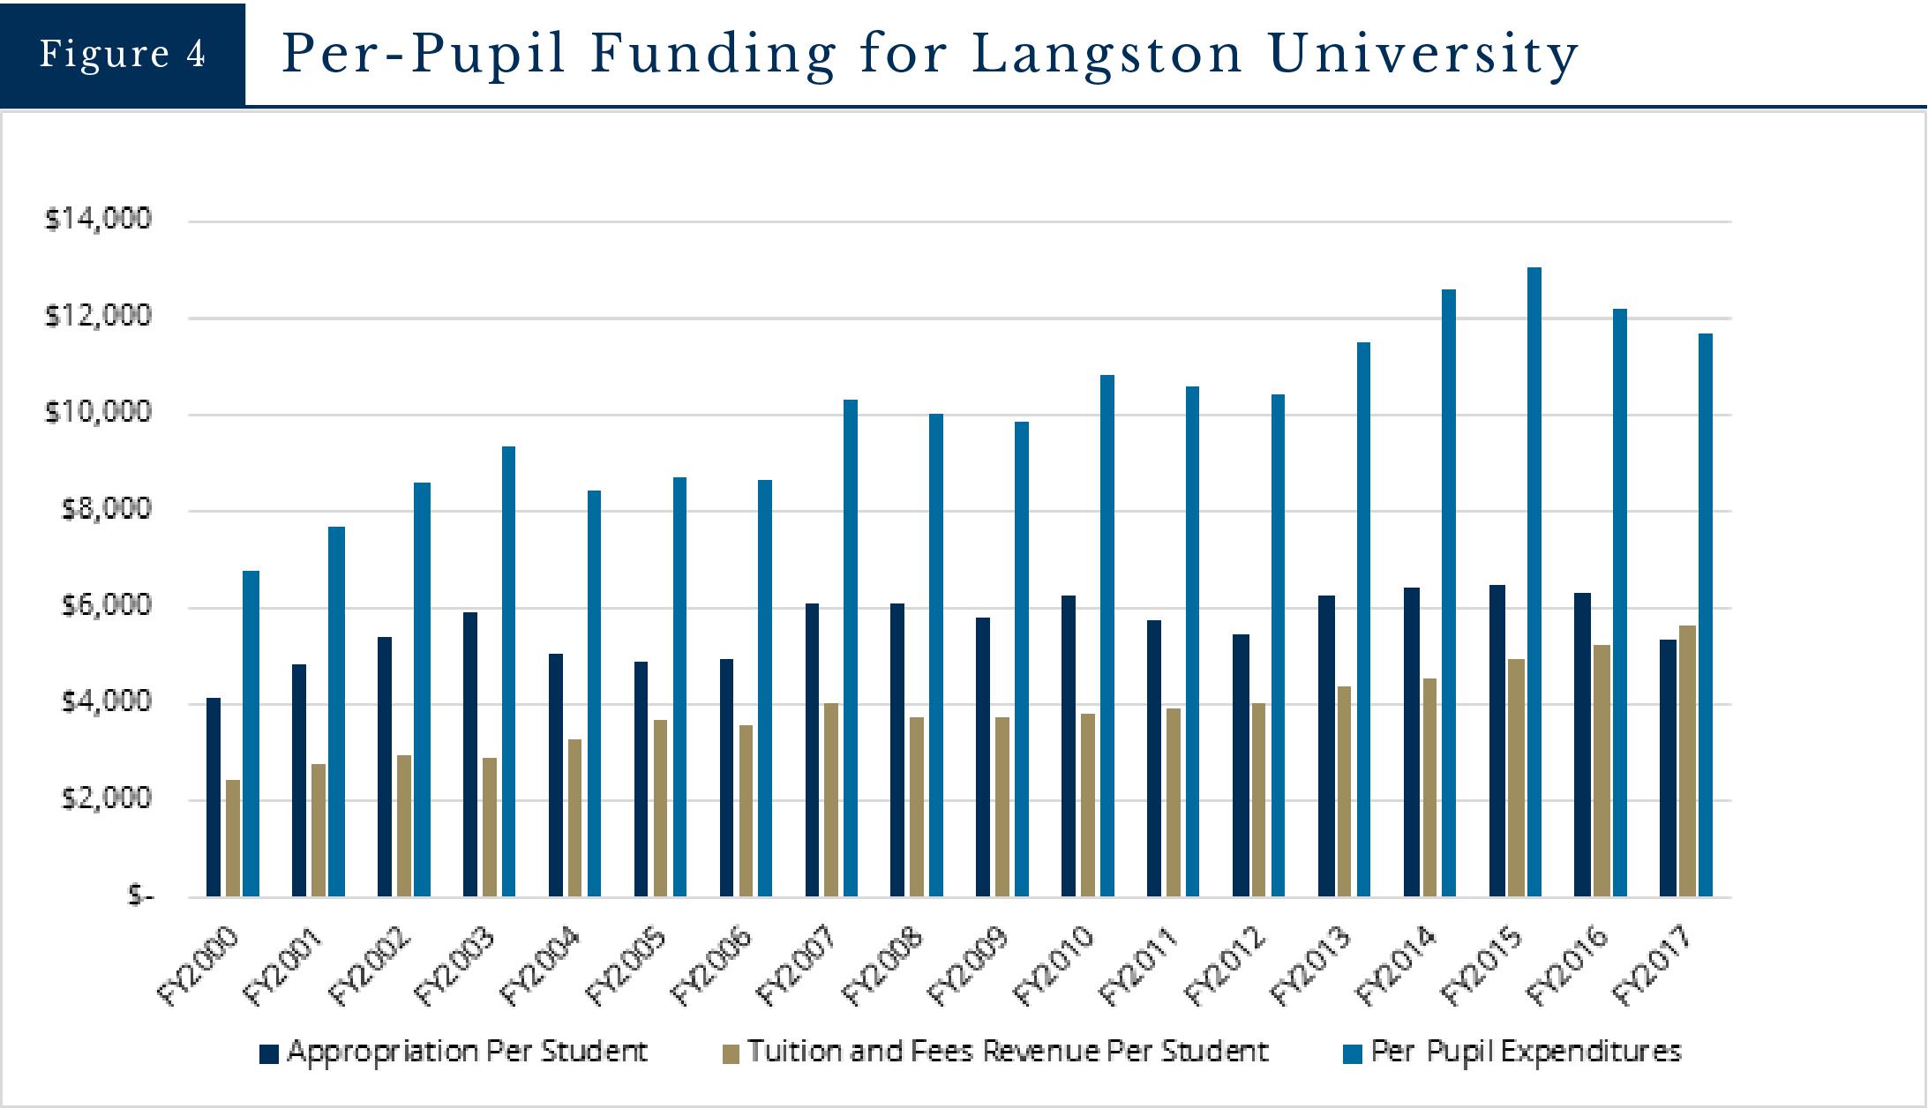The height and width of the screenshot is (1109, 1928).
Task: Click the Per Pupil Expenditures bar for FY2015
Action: click(1534, 582)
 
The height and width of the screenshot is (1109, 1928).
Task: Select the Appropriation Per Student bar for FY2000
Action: click(214, 798)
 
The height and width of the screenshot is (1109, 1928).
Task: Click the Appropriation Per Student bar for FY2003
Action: click(470, 754)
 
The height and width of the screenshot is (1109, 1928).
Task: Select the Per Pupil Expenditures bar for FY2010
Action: click(1107, 636)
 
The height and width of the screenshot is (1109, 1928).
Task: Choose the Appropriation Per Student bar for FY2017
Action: click(1667, 768)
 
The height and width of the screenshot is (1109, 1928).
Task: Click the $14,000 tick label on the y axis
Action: click(98, 219)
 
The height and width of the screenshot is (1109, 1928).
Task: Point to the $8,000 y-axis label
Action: click(106, 509)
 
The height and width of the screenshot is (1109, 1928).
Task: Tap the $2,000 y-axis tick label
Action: click(106, 798)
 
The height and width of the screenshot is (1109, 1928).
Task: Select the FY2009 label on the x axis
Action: click(968, 966)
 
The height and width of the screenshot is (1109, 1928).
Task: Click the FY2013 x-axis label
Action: click(1310, 966)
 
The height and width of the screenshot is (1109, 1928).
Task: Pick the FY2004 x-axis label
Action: click(540, 966)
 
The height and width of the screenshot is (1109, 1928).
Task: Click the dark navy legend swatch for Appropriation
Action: click(269, 1053)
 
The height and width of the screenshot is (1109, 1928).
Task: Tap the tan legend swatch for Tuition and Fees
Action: click(731, 1053)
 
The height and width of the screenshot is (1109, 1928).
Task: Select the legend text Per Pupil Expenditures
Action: click(1526, 1052)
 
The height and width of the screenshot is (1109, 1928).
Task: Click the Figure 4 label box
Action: click(122, 54)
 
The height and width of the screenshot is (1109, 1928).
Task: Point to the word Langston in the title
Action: click(1107, 54)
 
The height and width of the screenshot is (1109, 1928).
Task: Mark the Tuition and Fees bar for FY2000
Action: click(233, 838)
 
